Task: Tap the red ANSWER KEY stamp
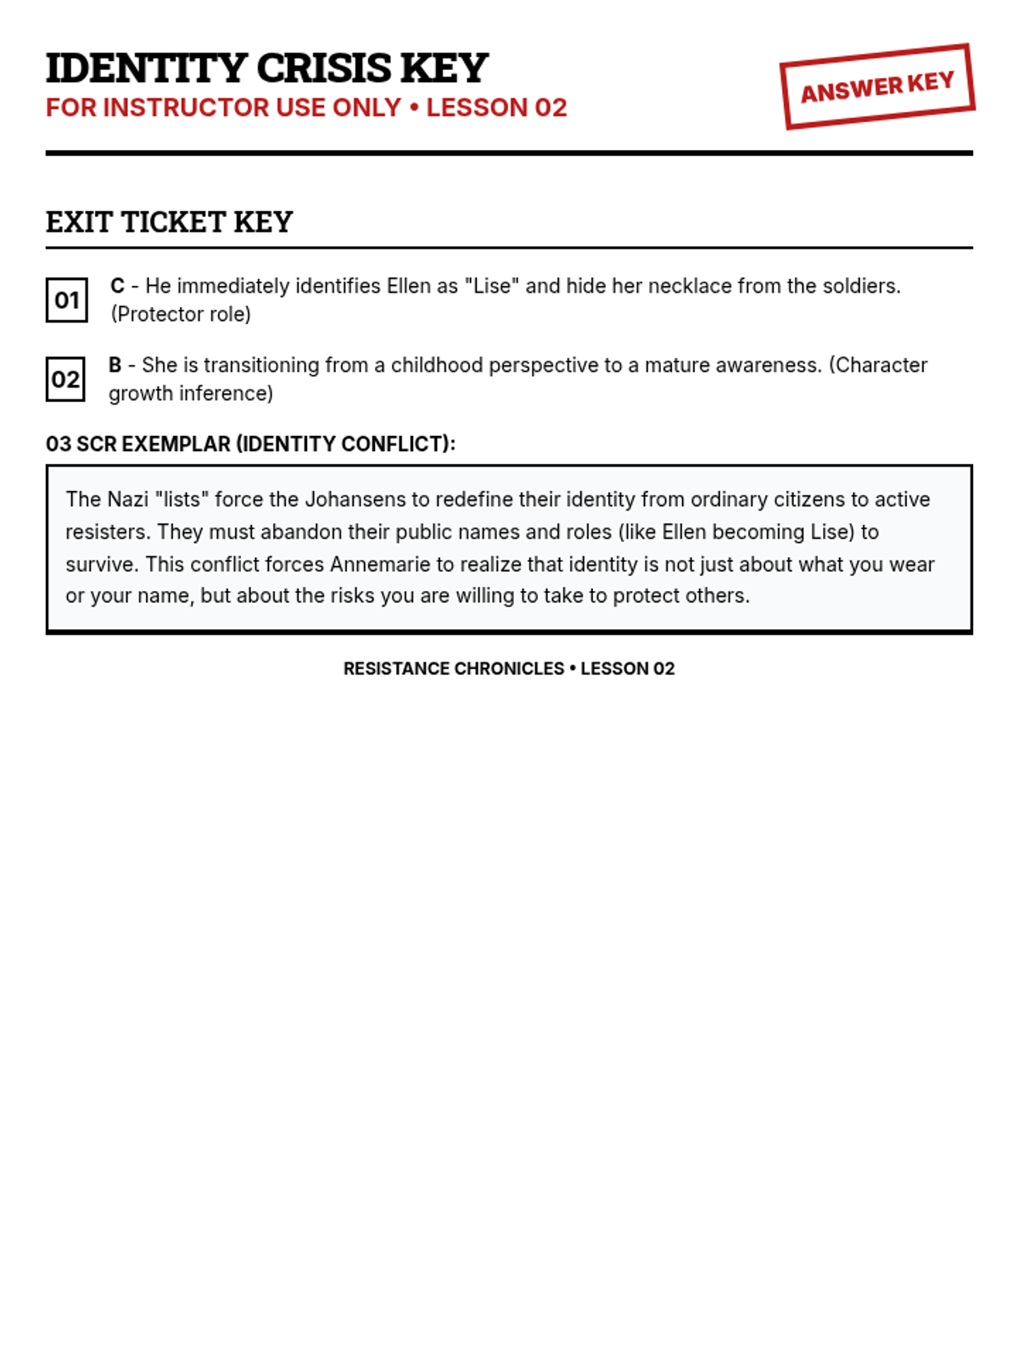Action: (x=877, y=87)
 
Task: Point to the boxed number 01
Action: (x=66, y=300)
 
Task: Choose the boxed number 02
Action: (x=65, y=379)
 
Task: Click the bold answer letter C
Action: (x=117, y=286)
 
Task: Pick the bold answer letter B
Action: (x=115, y=365)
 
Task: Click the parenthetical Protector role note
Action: (x=181, y=315)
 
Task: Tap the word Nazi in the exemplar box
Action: (x=127, y=500)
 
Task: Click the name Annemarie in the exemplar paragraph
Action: (x=380, y=564)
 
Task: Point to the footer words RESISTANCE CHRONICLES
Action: (x=453, y=668)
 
